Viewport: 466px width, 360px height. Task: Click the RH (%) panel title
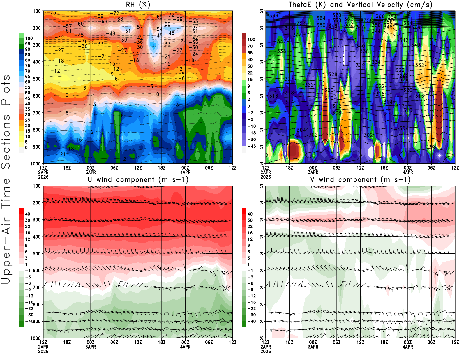[138, 5]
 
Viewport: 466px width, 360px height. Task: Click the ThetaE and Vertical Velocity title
[360, 5]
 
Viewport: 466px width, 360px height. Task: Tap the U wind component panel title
[138, 180]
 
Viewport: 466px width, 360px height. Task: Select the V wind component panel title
[360, 180]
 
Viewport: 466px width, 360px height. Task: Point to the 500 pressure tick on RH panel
[37, 79]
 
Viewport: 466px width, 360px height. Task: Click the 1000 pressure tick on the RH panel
[36, 164]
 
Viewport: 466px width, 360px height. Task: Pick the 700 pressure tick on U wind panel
[37, 287]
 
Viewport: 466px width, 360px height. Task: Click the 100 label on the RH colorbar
[29, 38]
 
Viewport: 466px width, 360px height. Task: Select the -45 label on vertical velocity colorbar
[251, 146]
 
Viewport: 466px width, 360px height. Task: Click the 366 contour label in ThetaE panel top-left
[273, 16]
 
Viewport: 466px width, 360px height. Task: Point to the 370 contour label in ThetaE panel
[337, 15]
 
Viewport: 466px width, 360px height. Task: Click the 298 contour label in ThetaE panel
[431, 147]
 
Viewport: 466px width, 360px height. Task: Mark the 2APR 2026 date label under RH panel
[43, 174]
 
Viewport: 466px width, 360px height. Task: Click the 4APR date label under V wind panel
[408, 347]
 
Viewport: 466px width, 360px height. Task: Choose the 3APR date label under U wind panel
[91, 347]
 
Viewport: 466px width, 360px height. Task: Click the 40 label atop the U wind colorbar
[28, 214]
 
